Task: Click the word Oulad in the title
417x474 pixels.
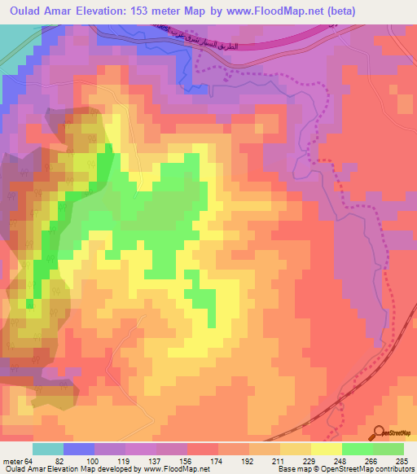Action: (25, 11)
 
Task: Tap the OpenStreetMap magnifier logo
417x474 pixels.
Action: (380, 432)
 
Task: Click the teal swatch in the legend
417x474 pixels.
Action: (48, 449)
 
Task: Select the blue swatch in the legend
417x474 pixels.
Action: (79, 449)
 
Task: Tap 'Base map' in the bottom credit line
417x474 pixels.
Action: (295, 469)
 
